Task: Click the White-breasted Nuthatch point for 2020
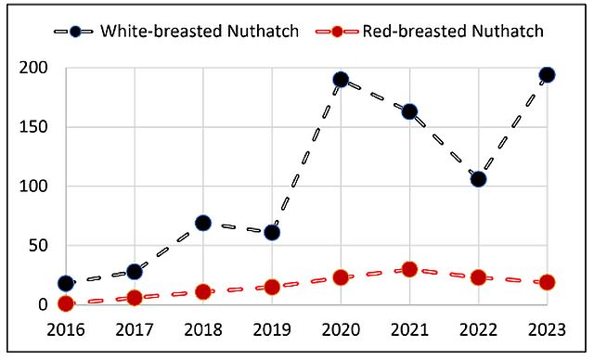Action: pyautogui.click(x=341, y=80)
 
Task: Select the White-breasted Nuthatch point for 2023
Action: pyautogui.click(x=547, y=75)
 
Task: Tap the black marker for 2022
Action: pyautogui.click(x=479, y=179)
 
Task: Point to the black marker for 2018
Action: pyautogui.click(x=203, y=223)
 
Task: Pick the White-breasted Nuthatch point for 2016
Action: pyautogui.click(x=66, y=283)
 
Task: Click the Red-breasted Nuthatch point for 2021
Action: pyautogui.click(x=409, y=269)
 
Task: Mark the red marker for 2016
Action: pyautogui.click(x=66, y=303)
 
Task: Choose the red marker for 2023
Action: pyautogui.click(x=547, y=282)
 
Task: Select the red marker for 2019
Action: pyautogui.click(x=272, y=287)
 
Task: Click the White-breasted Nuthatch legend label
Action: pyautogui.click(x=200, y=31)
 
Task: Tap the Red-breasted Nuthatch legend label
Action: pyautogui.click(x=453, y=31)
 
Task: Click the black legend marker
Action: pyautogui.click(x=75, y=32)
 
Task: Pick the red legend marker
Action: pyautogui.click(x=337, y=32)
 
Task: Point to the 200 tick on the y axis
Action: pyautogui.click(x=33, y=68)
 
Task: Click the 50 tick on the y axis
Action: pyautogui.click(x=39, y=246)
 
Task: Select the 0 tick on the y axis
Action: pyautogui.click(x=43, y=304)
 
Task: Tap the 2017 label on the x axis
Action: pyautogui.click(x=135, y=329)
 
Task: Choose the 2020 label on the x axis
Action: pyautogui.click(x=341, y=329)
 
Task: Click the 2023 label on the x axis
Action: pyautogui.click(x=547, y=329)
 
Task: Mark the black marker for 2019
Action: pyautogui.click(x=272, y=233)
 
